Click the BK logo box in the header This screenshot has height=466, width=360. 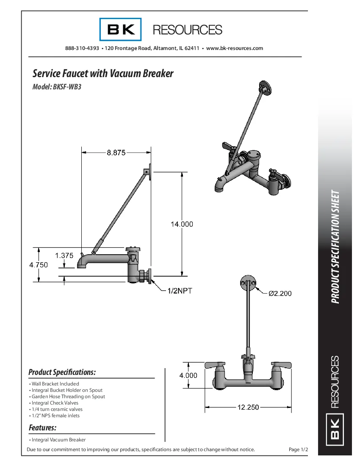click(121, 29)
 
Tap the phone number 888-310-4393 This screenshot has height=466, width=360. click(82, 48)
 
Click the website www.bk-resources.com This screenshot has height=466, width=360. click(235, 48)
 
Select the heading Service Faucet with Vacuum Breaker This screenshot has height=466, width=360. click(103, 74)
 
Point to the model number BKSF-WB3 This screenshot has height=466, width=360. click(67, 88)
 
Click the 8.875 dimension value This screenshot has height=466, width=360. click(116, 153)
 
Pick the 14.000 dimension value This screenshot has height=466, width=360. click(182, 224)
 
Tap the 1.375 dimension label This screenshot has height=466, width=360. click(64, 255)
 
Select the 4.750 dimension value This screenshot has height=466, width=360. click(39, 265)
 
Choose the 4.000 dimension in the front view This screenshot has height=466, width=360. click(188, 375)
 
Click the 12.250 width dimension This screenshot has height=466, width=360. click(248, 407)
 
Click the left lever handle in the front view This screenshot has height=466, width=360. click(216, 365)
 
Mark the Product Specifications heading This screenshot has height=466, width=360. click(62, 372)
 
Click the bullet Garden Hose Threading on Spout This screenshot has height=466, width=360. click(68, 397)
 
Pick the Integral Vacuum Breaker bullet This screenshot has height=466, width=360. click(58, 440)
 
